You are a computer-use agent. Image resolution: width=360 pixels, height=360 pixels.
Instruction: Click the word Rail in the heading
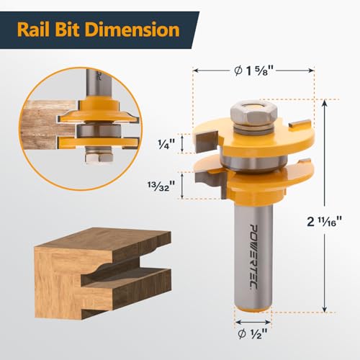[x=33, y=30]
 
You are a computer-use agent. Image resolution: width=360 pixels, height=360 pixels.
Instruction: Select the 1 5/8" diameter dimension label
[x=253, y=71]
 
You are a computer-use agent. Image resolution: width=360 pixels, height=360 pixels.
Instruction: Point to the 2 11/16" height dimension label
[x=324, y=221]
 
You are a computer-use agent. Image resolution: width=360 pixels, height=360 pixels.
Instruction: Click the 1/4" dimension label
[x=166, y=144]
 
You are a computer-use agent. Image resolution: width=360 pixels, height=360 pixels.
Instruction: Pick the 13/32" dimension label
[x=161, y=186]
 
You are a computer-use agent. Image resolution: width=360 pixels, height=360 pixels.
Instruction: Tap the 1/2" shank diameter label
[x=253, y=333]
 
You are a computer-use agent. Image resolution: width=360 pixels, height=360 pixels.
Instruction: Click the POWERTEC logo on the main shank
[x=253, y=257]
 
